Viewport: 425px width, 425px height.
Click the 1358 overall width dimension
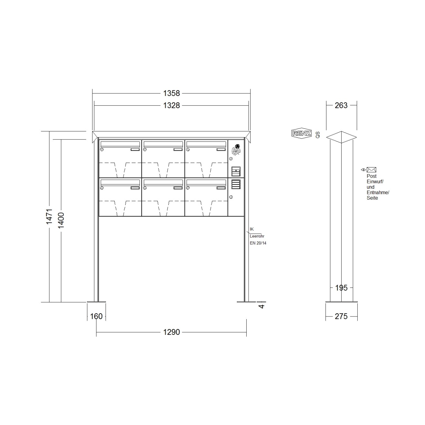[171, 93]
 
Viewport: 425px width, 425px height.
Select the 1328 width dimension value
[171, 105]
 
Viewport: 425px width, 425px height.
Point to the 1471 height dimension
[49, 217]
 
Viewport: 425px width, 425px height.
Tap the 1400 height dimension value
[61, 220]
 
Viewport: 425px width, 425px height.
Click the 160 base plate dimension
[96, 316]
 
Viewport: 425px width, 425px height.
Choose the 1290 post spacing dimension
[171, 332]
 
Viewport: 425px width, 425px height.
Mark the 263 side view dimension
[341, 105]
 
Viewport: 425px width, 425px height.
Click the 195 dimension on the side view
[341, 288]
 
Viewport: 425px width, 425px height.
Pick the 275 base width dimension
[341, 316]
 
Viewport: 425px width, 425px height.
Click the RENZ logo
[301, 133]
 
